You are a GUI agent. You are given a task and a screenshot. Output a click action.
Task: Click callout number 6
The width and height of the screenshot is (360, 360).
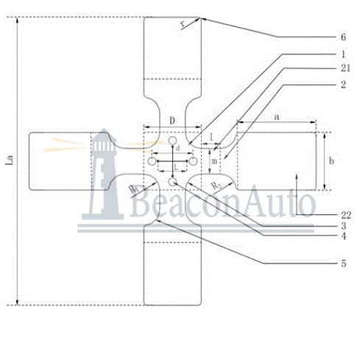(343, 37)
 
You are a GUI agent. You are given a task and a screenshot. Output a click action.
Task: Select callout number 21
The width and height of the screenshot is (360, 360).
(345, 68)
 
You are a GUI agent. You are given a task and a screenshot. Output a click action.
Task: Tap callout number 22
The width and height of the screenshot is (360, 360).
(346, 216)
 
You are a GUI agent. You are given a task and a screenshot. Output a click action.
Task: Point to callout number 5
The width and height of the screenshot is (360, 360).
(343, 264)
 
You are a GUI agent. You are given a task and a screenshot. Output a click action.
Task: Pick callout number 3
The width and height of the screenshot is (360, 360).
(343, 226)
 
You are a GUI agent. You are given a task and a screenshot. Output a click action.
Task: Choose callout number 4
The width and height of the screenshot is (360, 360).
(343, 236)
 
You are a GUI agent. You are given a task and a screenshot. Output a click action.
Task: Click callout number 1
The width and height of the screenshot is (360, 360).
(343, 54)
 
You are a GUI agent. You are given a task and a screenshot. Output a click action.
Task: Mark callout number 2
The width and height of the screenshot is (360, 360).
(343, 85)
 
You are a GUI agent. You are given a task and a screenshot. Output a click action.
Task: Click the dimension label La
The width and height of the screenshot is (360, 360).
(10, 160)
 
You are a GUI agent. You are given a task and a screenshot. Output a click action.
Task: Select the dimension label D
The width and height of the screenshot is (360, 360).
(172, 121)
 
